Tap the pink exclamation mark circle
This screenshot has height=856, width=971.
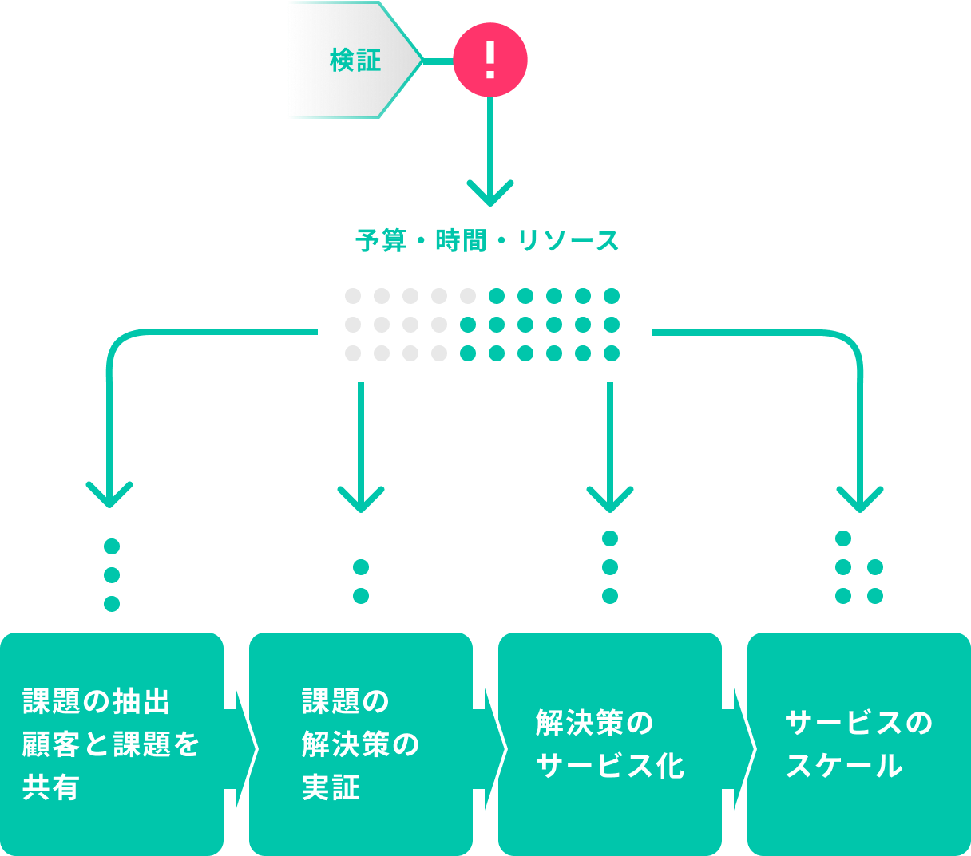490,60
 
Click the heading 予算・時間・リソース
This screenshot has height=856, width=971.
487,240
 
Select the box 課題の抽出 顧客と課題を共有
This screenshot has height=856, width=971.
112,744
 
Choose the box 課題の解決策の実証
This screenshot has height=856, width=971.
361,744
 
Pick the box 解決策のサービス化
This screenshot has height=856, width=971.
610,744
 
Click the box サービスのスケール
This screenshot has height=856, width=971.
859,744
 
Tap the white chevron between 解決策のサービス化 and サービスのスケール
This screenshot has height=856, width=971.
743,749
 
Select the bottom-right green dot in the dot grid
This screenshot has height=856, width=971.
612,353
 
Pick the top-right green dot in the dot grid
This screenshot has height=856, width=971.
612,296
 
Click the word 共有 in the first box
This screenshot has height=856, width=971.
51,787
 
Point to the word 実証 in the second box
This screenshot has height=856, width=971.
331,787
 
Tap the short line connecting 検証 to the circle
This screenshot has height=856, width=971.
438,61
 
